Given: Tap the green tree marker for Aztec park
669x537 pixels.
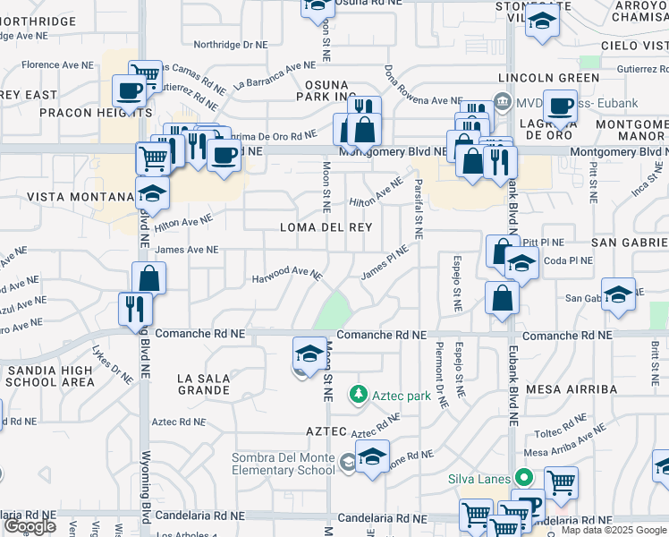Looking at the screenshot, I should (x=359, y=394).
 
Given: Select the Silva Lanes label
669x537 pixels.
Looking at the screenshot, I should (x=478, y=478).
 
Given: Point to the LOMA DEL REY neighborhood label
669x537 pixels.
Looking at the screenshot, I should (x=326, y=227).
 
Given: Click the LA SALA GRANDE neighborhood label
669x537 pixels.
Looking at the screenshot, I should (x=204, y=384).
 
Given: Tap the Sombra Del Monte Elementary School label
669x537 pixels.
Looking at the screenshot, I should (x=283, y=464).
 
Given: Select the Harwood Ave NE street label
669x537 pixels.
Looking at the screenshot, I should (x=286, y=272).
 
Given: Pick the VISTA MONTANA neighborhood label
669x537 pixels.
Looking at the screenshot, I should (x=80, y=197).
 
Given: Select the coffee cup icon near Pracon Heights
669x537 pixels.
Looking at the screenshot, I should (x=129, y=89).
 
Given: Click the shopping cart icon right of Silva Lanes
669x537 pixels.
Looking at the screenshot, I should (x=561, y=482).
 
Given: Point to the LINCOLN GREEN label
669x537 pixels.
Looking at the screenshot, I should (x=548, y=78).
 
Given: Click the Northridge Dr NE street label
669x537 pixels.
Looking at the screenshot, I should (x=230, y=44).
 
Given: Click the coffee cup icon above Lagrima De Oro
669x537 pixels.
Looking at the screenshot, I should (x=560, y=105).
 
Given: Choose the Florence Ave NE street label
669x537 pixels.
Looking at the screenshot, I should (x=58, y=64).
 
